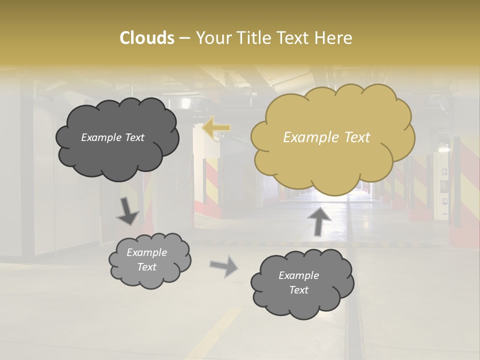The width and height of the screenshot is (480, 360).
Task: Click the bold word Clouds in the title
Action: [146, 38]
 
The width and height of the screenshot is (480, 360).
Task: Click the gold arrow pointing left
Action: [216, 128]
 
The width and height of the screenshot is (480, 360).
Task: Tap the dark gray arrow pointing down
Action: [127, 211]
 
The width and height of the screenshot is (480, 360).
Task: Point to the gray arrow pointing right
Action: [224, 265]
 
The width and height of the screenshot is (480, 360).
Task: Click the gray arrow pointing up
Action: [318, 220]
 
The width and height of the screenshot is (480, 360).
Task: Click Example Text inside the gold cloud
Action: [326, 137]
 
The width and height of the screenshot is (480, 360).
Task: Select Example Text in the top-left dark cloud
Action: [112, 137]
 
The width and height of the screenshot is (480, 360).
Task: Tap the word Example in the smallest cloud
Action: [146, 252]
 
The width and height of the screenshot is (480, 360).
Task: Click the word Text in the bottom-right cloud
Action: [298, 290]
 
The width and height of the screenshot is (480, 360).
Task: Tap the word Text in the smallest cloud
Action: [146, 267]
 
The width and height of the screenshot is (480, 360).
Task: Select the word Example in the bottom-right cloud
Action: [298, 275]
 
